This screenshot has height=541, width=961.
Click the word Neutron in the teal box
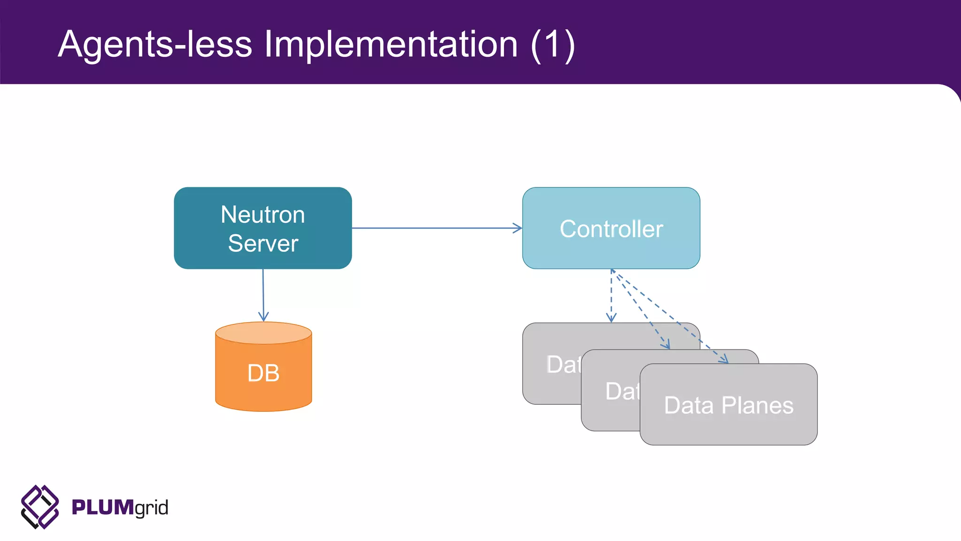click(x=263, y=215)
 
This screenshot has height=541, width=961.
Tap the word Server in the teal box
click(x=263, y=244)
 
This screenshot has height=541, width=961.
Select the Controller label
click(x=611, y=229)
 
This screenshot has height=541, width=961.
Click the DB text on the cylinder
click(x=263, y=373)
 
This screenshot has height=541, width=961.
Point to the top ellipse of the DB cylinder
click(x=263, y=333)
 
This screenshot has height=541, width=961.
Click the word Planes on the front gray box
click(x=757, y=406)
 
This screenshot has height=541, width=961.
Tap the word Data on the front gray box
click(x=688, y=406)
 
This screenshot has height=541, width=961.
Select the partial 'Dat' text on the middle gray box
click(x=622, y=392)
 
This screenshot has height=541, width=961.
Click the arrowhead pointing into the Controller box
click(x=518, y=228)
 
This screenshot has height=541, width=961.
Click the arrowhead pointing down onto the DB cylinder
click(x=263, y=317)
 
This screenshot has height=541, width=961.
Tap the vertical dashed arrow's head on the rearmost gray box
click(x=611, y=318)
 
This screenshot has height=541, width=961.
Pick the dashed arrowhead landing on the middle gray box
click(x=666, y=346)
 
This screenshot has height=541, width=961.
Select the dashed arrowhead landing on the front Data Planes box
click(x=724, y=360)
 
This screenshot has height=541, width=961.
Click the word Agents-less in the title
click(x=155, y=45)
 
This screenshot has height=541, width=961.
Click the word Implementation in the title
click(x=391, y=45)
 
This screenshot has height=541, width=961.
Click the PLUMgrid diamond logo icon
click(x=40, y=507)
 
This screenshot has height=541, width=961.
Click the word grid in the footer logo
click(x=151, y=508)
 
